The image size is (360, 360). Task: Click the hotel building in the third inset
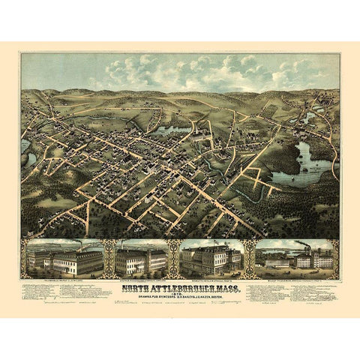(211, 259)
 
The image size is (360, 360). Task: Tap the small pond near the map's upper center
(174, 130)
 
